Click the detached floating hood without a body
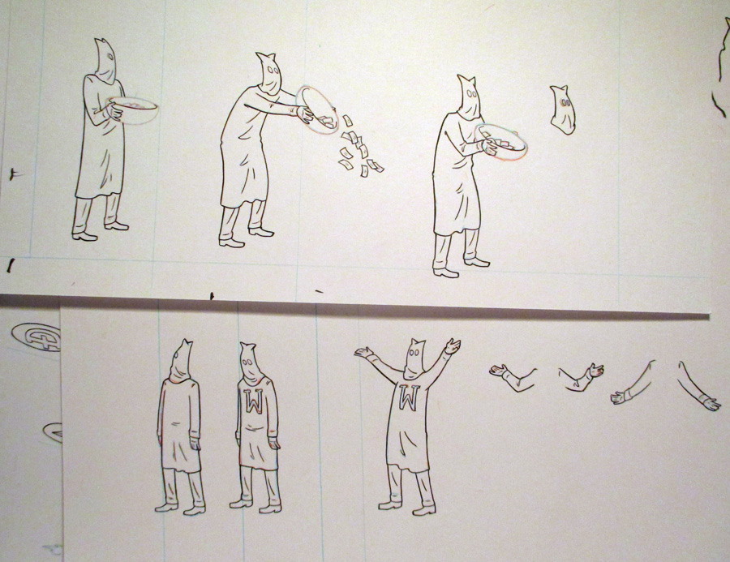pos(562,109)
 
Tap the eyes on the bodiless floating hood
pos(565,102)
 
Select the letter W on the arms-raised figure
pos(408,398)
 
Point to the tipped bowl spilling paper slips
pos(318,109)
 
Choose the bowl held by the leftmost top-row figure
pos(134,109)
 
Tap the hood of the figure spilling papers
pos(268,75)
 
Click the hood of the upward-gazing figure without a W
pos(182,361)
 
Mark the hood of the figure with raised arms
pos(414,358)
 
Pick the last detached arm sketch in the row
pos(699,387)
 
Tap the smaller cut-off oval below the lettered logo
pos(53,432)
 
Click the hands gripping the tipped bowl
pos(306,114)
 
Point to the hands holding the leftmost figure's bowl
pos(115,112)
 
